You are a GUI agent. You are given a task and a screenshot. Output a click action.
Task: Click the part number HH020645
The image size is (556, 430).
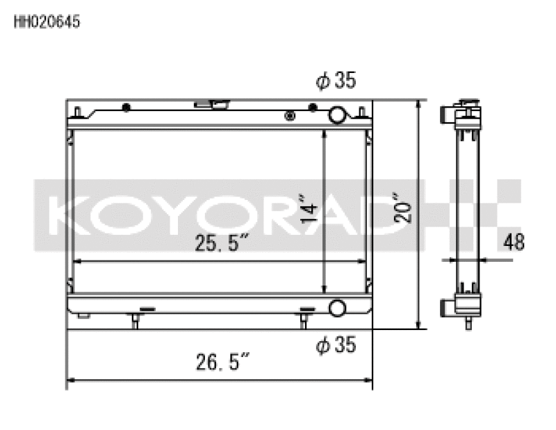[x=47, y=22]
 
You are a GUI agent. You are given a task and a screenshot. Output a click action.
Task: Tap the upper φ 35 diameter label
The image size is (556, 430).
[x=336, y=81]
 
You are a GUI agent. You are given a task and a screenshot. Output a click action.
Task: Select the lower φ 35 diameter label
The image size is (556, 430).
[x=336, y=344]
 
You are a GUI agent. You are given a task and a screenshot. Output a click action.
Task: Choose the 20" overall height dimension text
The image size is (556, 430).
[x=404, y=207]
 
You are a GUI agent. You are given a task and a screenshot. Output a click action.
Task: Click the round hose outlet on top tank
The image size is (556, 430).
[x=338, y=114]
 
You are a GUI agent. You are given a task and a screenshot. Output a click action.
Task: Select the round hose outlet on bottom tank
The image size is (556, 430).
[x=338, y=308]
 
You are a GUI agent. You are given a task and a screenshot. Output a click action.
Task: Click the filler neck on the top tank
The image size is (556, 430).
[x=213, y=105]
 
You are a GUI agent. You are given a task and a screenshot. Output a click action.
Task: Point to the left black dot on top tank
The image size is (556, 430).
[x=126, y=108]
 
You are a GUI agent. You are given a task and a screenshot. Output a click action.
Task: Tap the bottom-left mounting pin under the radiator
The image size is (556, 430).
[x=135, y=320]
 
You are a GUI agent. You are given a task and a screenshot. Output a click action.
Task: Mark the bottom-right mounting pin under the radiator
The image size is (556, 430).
[x=304, y=320]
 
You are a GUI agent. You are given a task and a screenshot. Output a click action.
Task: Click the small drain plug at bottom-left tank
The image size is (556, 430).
[x=83, y=316]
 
